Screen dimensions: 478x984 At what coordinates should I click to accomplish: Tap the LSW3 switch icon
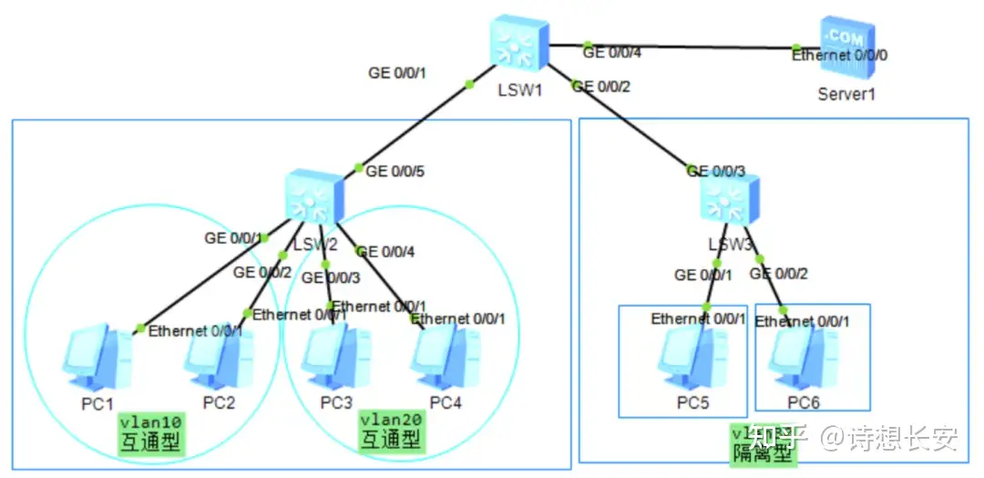[729, 202]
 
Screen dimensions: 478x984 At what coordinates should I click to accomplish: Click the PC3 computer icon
[336, 358]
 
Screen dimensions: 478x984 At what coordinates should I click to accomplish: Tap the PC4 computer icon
[446, 358]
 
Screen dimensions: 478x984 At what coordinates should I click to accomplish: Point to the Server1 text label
[846, 93]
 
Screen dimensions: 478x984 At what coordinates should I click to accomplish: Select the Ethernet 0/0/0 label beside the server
[839, 56]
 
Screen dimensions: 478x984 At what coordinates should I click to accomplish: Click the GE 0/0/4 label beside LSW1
[612, 53]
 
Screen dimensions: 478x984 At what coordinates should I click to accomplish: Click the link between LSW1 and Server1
[683, 46]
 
